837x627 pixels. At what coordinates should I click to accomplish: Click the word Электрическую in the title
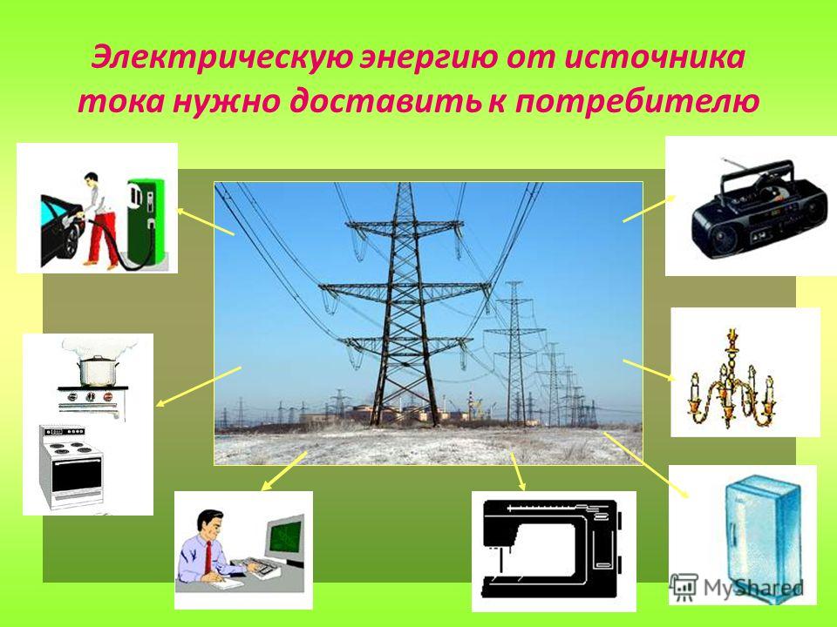pyautogui.click(x=222, y=57)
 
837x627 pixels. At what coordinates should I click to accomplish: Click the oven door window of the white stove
pyautogui.click(x=77, y=475)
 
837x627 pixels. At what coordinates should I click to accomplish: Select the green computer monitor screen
pyautogui.click(x=285, y=537)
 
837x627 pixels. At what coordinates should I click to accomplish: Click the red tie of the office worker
pyautogui.click(x=208, y=556)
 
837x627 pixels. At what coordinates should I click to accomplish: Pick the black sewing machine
pyautogui.click(x=552, y=549)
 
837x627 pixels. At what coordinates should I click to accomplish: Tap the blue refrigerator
pyautogui.click(x=763, y=538)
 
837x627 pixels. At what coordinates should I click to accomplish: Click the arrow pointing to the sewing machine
pyautogui.click(x=518, y=471)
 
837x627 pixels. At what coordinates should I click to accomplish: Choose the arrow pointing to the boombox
pyautogui.click(x=649, y=208)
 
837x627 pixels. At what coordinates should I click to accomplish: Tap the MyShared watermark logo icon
pyautogui.click(x=684, y=587)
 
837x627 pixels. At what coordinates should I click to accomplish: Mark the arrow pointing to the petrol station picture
pyautogui.click(x=206, y=221)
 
